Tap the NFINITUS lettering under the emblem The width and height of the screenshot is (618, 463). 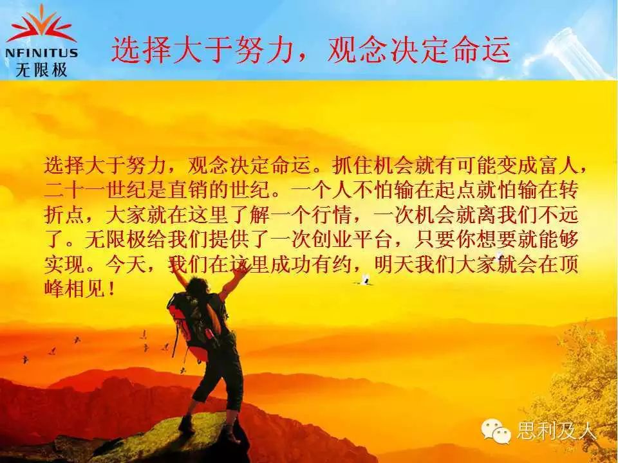click(x=41, y=53)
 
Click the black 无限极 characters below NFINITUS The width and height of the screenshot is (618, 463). click(x=41, y=69)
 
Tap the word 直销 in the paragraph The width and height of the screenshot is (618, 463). click(x=187, y=190)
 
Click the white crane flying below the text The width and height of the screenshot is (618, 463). click(x=365, y=280)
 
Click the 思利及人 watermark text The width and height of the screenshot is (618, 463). click(x=556, y=431)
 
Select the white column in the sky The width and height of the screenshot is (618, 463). click(x=570, y=51)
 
